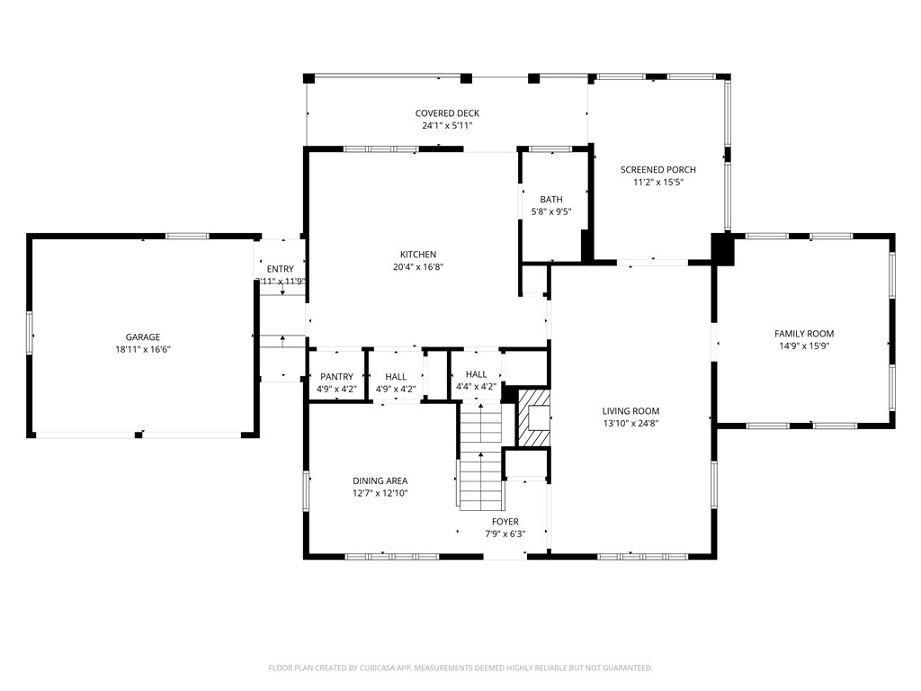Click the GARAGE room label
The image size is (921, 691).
(143, 337)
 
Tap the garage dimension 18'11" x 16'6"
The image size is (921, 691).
(143, 349)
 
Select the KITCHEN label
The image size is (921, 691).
(418, 255)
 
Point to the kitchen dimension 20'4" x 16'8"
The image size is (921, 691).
(418, 266)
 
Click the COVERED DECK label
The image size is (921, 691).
(447, 113)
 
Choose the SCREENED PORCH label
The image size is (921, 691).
(657, 169)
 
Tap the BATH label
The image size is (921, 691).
(551, 200)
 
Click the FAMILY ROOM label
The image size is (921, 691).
(804, 334)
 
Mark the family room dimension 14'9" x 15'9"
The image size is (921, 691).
(804, 345)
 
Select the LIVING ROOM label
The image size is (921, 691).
(630, 410)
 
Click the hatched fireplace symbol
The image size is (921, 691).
(533, 416)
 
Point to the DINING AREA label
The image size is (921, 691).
(380, 481)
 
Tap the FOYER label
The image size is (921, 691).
(505, 522)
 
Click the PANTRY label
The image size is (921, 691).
(336, 377)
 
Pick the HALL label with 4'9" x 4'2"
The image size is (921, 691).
(396, 377)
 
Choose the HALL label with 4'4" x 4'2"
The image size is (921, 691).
(476, 374)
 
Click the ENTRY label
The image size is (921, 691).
(280, 269)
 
